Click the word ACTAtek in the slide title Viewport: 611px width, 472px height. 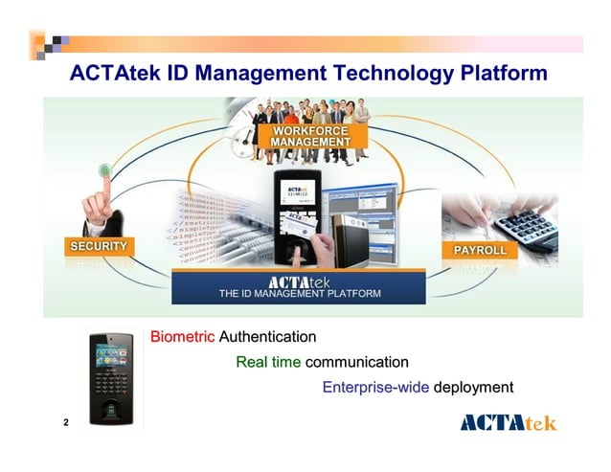pos(115,74)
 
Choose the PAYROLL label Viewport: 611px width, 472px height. pos(479,250)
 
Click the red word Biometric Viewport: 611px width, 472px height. pos(183,337)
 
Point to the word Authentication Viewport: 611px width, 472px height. pos(267,337)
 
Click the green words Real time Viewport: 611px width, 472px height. pos(268,362)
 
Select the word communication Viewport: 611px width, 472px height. pos(356,362)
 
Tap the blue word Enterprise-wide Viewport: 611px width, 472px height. pos(375,388)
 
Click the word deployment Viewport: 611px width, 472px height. pos(474,388)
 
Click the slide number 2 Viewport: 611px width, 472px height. pos(65,422)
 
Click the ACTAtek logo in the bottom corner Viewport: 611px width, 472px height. pos(508,422)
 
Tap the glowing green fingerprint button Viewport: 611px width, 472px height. pos(104,170)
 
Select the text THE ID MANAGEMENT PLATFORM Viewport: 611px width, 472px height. pos(300,294)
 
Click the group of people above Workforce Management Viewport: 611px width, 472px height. pos(302,113)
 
